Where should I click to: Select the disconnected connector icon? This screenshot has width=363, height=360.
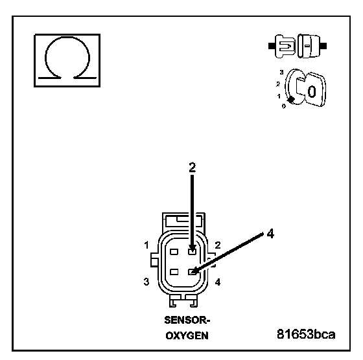pyautogui.click(x=298, y=46)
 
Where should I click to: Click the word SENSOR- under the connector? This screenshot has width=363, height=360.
pyautogui.click(x=187, y=321)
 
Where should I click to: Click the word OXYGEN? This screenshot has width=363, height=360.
pyautogui.click(x=187, y=335)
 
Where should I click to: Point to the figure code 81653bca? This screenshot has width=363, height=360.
pyautogui.click(x=306, y=334)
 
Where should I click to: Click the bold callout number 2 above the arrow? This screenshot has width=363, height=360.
pyautogui.click(x=192, y=167)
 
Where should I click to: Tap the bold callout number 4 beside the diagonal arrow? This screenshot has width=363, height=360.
pyautogui.click(x=270, y=233)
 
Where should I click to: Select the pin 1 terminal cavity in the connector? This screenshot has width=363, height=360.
pyautogui.click(x=174, y=252)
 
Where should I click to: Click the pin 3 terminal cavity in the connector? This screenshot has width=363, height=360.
pyautogui.click(x=174, y=272)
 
